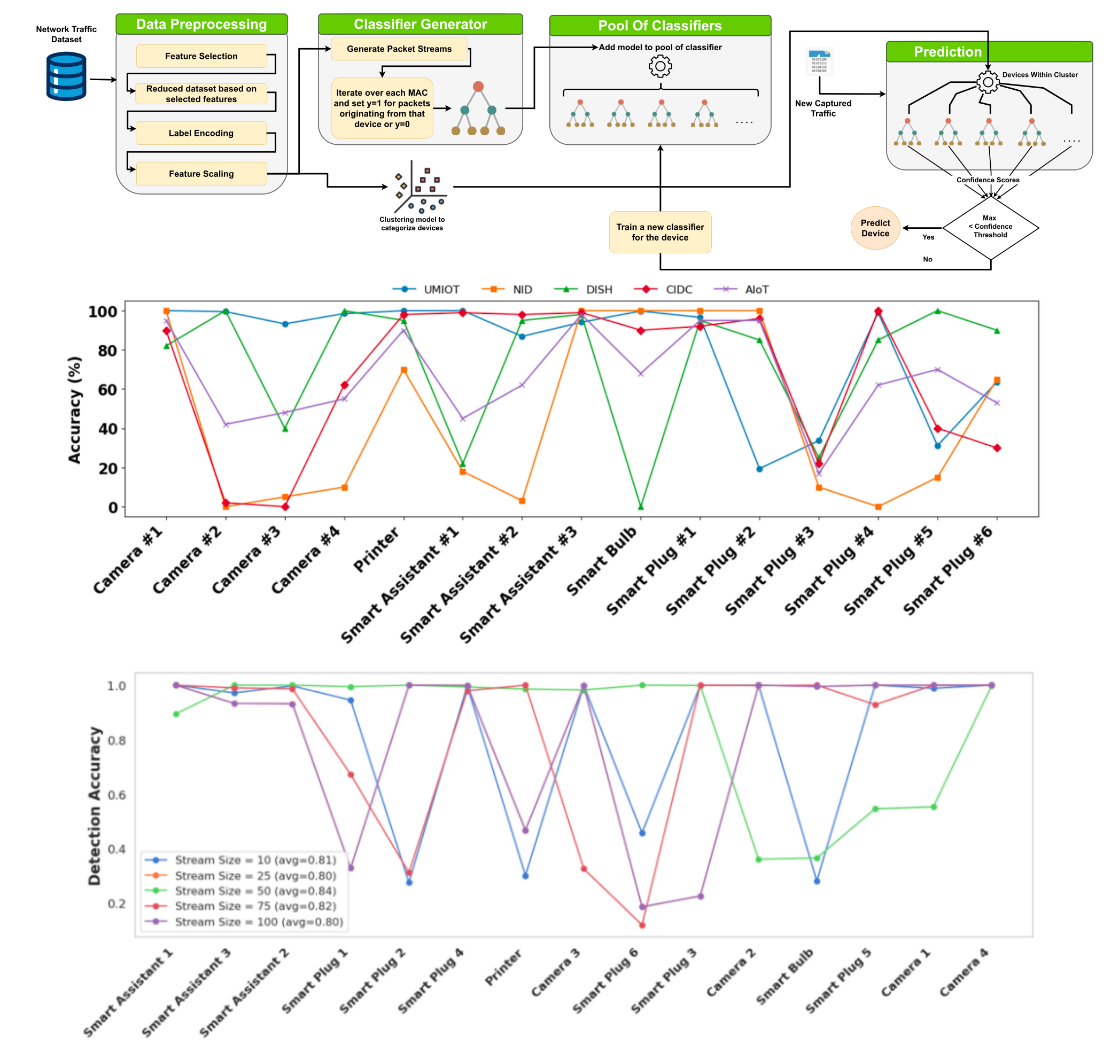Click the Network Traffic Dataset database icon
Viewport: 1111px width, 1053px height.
pyautogui.click(x=66, y=76)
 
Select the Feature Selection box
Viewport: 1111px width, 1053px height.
pyautogui.click(x=201, y=56)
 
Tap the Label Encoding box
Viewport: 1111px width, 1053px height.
pyautogui.click(x=201, y=133)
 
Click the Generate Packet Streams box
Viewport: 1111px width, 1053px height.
pyautogui.click(x=399, y=49)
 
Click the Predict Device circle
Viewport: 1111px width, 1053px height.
pyautogui.click(x=875, y=228)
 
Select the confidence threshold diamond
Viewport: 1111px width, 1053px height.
pyautogui.click(x=990, y=227)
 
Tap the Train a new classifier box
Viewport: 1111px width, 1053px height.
pyautogui.click(x=660, y=232)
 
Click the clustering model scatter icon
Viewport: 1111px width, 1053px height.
pyautogui.click(x=419, y=188)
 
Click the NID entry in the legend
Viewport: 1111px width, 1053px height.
pyautogui.click(x=507, y=290)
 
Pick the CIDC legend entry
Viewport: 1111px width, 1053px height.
pyautogui.click(x=663, y=290)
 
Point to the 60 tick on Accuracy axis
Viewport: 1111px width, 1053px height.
pyautogui.click(x=107, y=390)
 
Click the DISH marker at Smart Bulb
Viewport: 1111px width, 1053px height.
pyautogui.click(x=641, y=507)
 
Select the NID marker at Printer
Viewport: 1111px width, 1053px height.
pyautogui.click(x=404, y=370)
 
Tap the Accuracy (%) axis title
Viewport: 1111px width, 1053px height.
pyautogui.click(x=74, y=410)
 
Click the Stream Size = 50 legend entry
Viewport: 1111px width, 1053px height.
pyautogui.click(x=242, y=891)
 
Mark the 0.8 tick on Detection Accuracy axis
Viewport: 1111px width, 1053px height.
pyautogui.click(x=116, y=740)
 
